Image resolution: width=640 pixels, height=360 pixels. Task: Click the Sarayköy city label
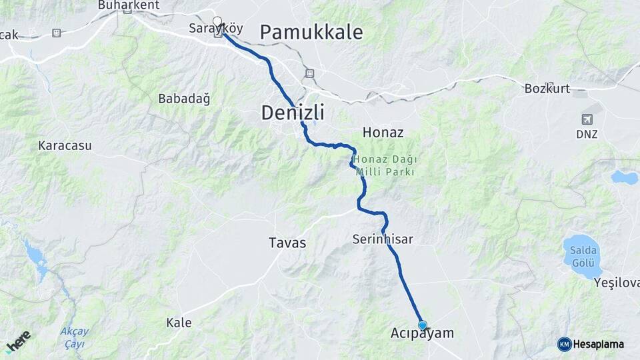coord(215,29)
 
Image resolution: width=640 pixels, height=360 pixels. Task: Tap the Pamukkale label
coord(311,31)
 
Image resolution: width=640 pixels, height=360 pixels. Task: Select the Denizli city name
coord(293,113)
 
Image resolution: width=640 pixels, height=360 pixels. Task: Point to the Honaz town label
coord(383,132)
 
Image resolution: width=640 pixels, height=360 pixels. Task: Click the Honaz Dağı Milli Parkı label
coord(385,165)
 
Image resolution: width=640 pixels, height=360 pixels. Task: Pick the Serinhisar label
coord(383,239)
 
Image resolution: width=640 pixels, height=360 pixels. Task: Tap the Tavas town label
coord(287,243)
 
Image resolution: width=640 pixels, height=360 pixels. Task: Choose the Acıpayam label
coord(421,333)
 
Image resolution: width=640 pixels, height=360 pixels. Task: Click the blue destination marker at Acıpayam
coord(422,325)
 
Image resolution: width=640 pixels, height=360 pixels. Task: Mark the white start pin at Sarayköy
coord(217,21)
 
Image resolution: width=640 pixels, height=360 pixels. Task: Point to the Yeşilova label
coord(617,283)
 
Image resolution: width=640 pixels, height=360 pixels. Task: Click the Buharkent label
coord(129,5)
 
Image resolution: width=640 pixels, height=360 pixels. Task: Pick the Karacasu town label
coord(65,145)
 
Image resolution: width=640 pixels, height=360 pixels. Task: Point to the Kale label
coord(179,323)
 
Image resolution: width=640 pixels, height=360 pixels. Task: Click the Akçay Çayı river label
coord(74,337)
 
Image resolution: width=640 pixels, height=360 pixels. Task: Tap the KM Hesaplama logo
coord(591,344)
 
